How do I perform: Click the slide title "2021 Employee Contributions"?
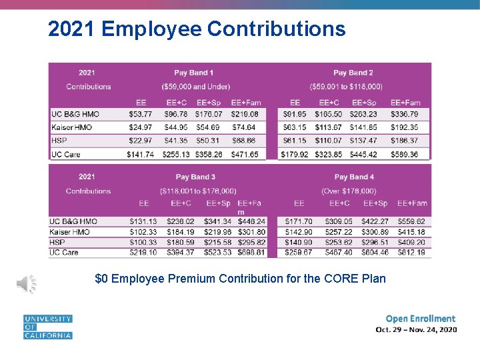tap(197, 29)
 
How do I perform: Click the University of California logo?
tap(47, 327)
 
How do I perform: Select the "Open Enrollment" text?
tap(421, 319)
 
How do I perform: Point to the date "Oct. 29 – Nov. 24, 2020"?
tap(416, 329)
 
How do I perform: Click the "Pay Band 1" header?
tap(194, 73)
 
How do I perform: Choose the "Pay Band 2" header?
tap(353, 73)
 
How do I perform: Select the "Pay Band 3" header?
tap(195, 177)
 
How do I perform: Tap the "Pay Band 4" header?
tap(354, 177)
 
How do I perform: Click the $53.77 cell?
tap(141, 115)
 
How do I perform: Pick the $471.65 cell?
tap(245, 155)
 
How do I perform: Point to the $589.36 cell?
tap(405, 155)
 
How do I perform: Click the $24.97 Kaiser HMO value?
tap(141, 127)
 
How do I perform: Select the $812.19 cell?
tap(411, 253)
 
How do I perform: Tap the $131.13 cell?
tap(143, 222)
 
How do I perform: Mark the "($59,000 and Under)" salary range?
tap(195, 87)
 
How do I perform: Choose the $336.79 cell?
tap(405, 115)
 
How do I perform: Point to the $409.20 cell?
tap(411, 243)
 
